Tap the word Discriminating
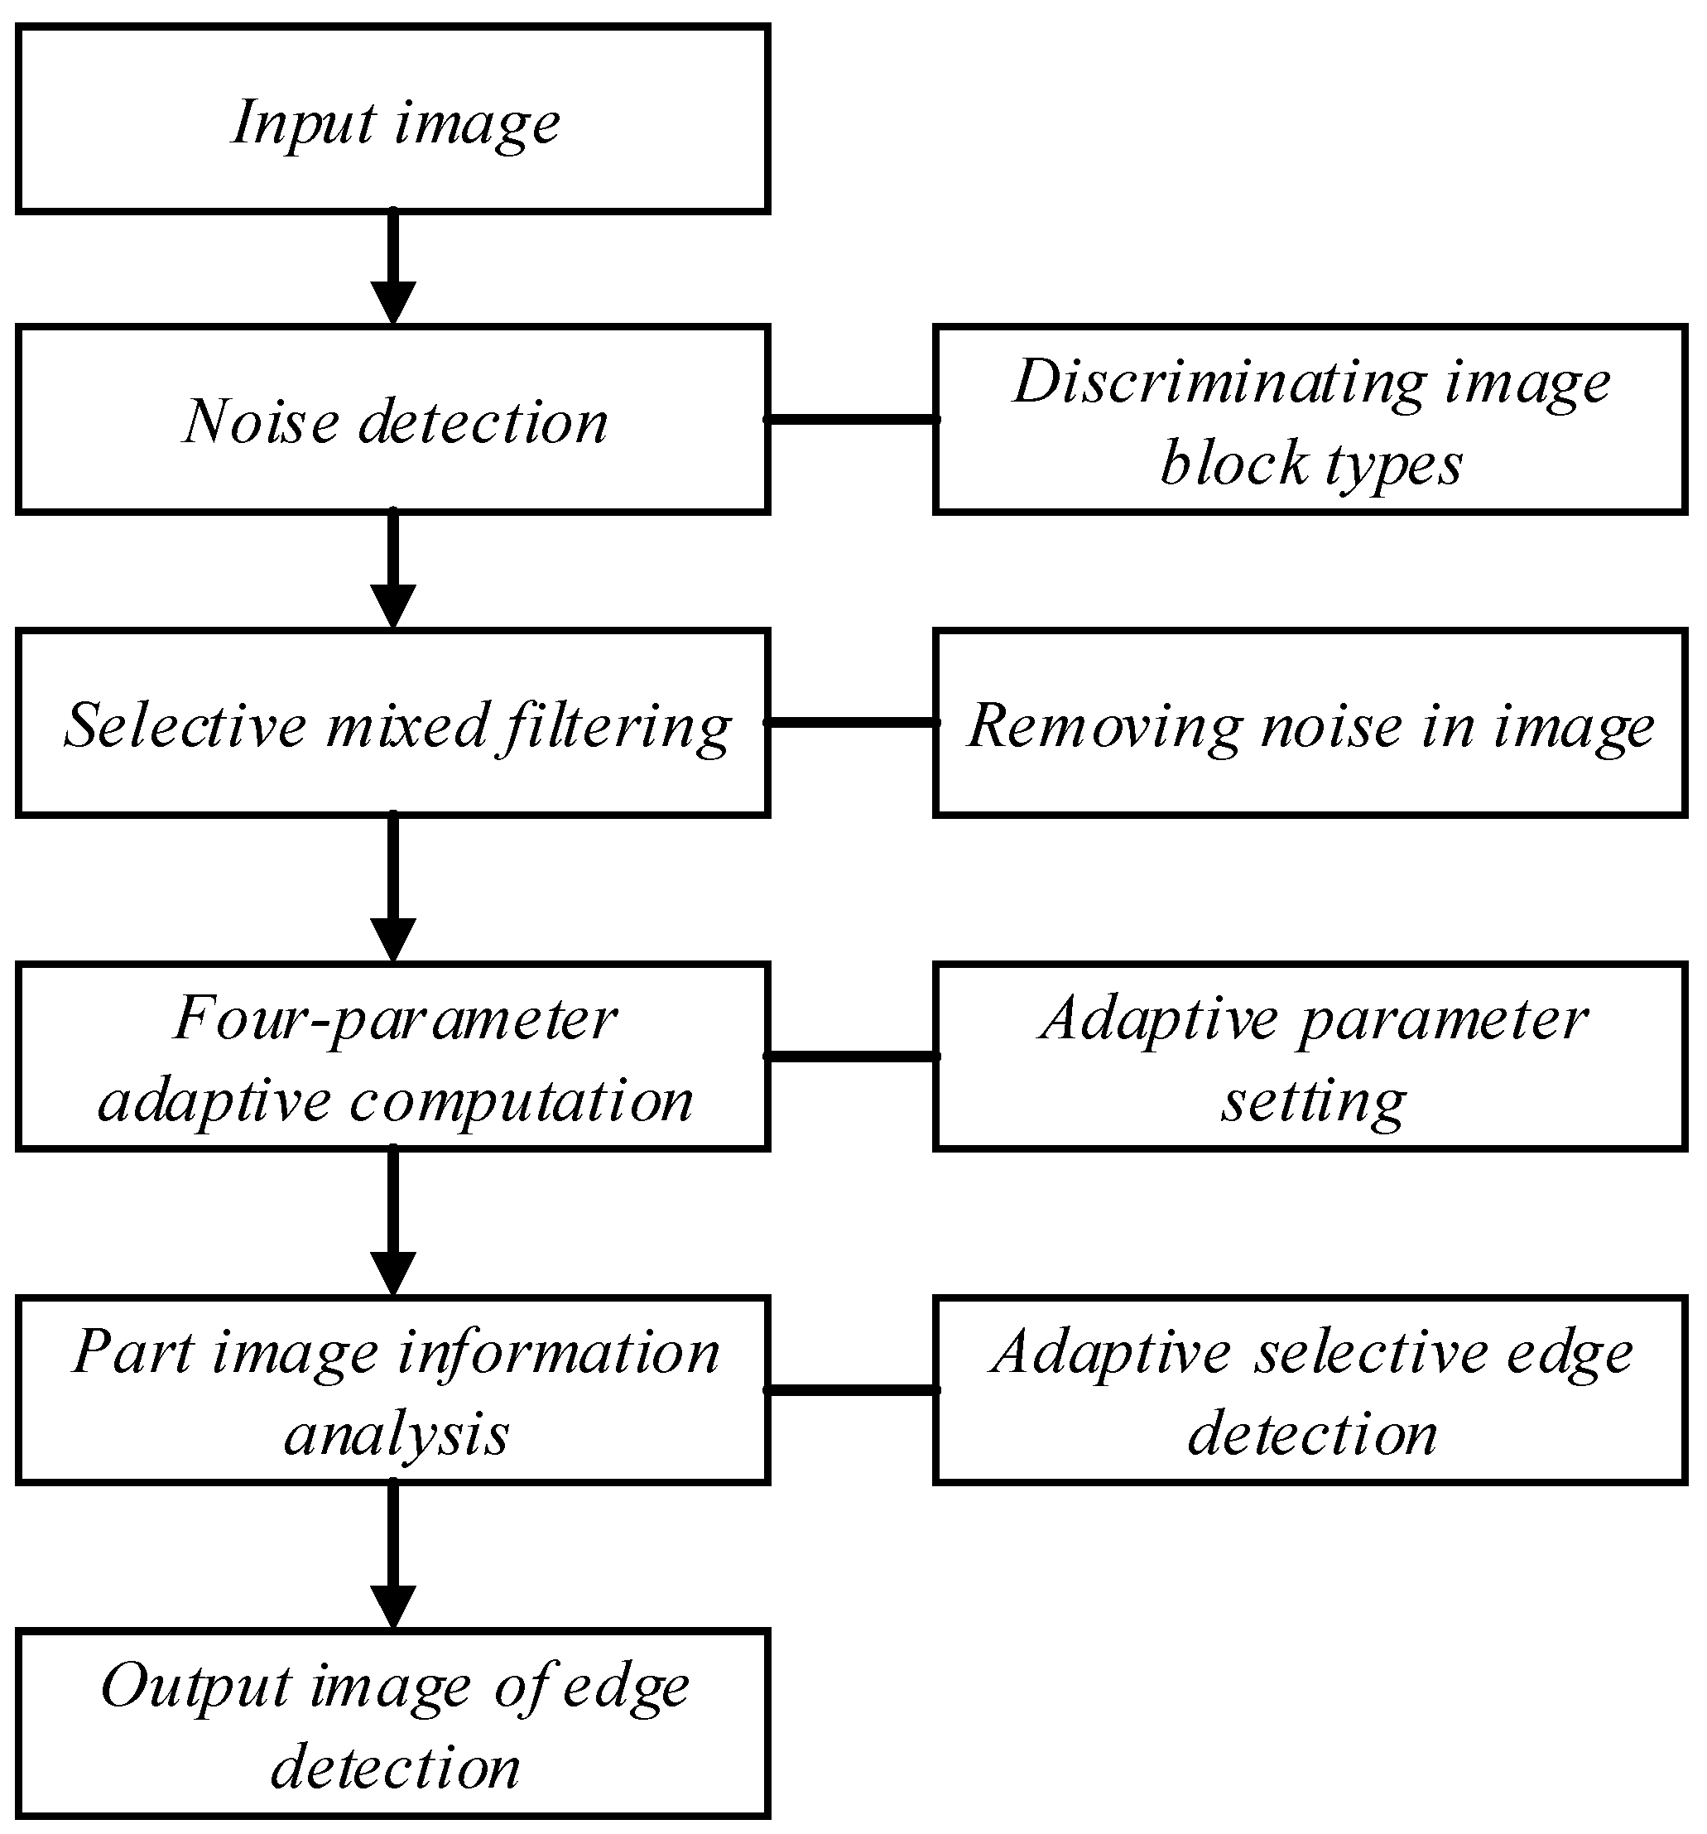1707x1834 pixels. (x=1219, y=381)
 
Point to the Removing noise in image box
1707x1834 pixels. (x=1310, y=724)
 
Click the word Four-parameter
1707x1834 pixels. (x=396, y=1018)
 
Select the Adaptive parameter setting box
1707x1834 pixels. (x=1310, y=1057)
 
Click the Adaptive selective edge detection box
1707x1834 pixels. (x=1310, y=1390)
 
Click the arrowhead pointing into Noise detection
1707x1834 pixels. (x=393, y=302)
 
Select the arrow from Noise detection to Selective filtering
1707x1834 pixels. (x=393, y=567)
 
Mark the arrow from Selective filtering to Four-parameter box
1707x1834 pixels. (x=393, y=886)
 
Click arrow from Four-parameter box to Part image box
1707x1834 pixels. (x=393, y=1220)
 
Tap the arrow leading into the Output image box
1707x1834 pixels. (x=393, y=1553)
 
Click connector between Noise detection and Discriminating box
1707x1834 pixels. (x=851, y=420)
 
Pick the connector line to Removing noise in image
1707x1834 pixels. (x=851, y=722)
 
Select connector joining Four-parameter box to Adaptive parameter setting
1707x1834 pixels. (x=851, y=1057)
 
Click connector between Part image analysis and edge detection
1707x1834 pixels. (x=851, y=1389)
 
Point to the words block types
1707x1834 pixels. (x=1310, y=462)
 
